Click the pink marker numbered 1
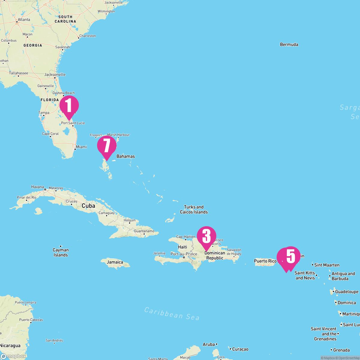(69, 106)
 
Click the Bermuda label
(289, 45)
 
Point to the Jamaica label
(115, 262)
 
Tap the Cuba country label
(88, 206)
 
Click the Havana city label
(37, 187)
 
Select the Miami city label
(81, 147)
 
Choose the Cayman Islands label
(61, 252)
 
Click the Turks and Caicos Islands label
(194, 209)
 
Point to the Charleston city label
(88, 36)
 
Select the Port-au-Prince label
(184, 254)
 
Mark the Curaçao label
(240, 349)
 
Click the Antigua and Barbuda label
(343, 276)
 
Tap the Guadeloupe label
(346, 292)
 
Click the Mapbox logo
(13, 356)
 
